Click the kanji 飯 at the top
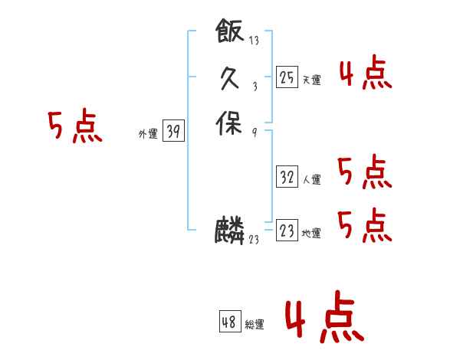(x=230, y=31)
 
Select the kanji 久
(x=230, y=77)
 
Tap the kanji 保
(x=229, y=123)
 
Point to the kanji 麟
(x=229, y=231)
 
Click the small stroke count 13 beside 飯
(x=254, y=41)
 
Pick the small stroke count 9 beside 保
(x=254, y=132)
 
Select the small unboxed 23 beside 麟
(x=254, y=240)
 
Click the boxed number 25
(x=287, y=77)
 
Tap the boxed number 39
(x=173, y=132)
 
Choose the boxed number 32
(x=287, y=177)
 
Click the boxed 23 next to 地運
(x=287, y=231)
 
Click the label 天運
(x=311, y=80)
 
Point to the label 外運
(x=148, y=134)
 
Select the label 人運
(x=311, y=180)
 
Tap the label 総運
(x=255, y=325)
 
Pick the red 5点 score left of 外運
(x=75, y=127)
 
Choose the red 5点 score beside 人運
(x=365, y=172)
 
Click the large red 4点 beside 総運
(x=324, y=318)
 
